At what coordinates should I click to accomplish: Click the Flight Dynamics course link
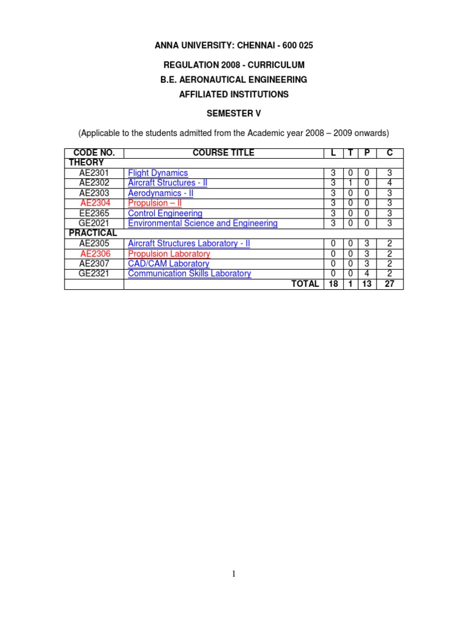tap(158, 173)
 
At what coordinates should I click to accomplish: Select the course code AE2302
tap(94, 182)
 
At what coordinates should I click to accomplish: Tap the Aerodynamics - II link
tap(160, 193)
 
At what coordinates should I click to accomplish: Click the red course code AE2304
tap(94, 203)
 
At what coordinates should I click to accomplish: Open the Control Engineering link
tap(165, 214)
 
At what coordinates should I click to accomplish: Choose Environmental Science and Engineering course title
tap(202, 223)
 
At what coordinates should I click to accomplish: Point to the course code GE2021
tap(94, 223)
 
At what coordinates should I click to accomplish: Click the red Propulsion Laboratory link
tap(169, 254)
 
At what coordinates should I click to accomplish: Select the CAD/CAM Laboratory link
tap(168, 264)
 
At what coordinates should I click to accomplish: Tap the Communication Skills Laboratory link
tap(189, 273)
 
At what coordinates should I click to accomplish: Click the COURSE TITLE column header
tap(223, 153)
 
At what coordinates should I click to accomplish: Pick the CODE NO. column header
tap(94, 153)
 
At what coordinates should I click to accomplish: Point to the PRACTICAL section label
tap(93, 233)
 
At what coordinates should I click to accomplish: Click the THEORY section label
tap(86, 162)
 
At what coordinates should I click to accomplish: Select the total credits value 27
tap(389, 284)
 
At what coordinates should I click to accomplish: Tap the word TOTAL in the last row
tap(305, 284)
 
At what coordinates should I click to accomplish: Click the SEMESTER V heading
tap(234, 113)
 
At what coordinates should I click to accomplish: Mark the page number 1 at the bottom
tap(234, 574)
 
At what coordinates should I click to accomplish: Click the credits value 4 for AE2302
tap(389, 182)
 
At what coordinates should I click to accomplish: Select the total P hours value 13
tap(367, 284)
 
